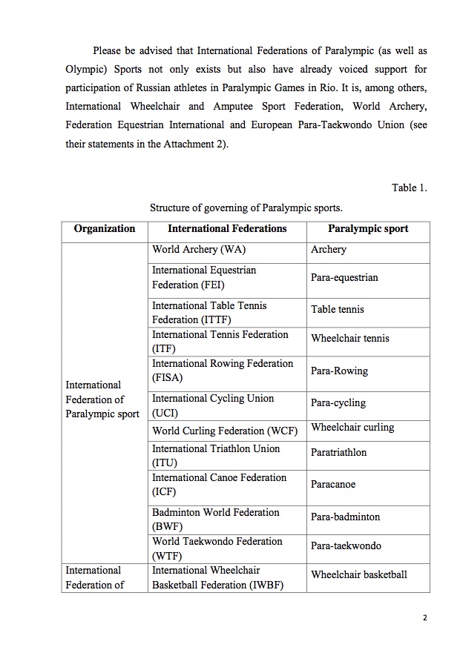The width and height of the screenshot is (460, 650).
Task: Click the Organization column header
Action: [105, 229]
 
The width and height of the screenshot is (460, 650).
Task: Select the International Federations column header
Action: [227, 229]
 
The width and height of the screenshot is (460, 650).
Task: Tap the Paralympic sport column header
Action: [368, 229]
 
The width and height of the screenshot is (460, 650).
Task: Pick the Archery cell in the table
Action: [329, 250]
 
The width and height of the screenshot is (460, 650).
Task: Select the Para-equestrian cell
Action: [344, 278]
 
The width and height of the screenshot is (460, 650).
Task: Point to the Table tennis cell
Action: [338, 310]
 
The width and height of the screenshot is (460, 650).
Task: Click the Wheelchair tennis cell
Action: [350, 339]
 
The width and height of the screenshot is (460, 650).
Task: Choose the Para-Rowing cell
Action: [340, 371]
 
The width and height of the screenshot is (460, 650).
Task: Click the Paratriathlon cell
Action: [339, 452]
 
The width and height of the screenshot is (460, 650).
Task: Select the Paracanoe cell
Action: [333, 485]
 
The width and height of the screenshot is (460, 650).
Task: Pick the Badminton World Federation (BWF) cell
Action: [216, 520]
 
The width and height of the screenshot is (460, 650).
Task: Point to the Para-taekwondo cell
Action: [346, 546]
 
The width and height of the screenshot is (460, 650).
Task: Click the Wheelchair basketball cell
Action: [359, 574]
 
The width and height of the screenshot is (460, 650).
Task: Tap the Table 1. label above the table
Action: [410, 188]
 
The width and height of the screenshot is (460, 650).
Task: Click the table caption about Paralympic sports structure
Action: [246, 208]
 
